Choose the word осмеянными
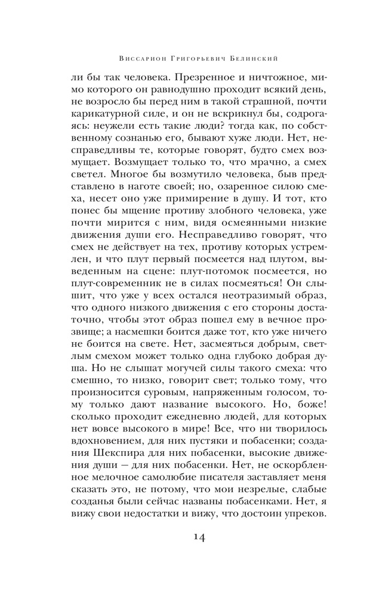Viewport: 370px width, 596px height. point(239,240)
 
